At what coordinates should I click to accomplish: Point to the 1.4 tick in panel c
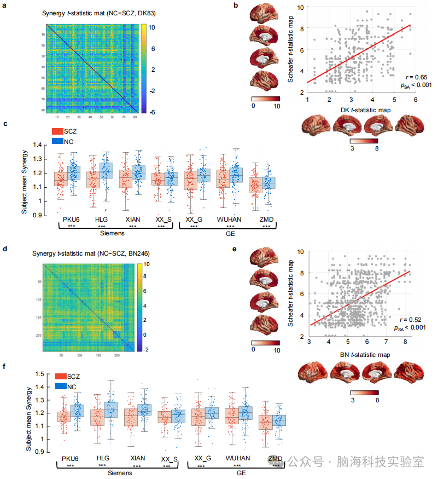coord(38,145)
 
